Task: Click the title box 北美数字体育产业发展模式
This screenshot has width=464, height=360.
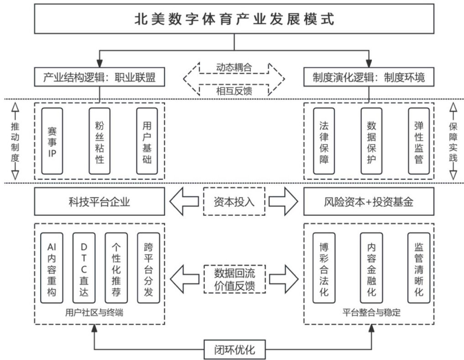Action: (234, 19)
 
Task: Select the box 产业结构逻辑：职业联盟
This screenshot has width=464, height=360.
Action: (100, 77)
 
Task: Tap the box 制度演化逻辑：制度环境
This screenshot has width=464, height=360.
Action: (369, 77)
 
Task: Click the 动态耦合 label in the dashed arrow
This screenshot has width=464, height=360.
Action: (234, 67)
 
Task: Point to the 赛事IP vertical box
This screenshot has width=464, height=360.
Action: (52, 141)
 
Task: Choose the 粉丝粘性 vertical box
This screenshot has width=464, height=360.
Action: (99, 141)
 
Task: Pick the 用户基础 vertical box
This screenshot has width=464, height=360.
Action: (147, 141)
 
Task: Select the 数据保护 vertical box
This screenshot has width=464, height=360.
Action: (371, 141)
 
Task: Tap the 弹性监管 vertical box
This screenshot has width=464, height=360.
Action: (418, 141)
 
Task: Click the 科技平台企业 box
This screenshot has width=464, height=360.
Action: (99, 202)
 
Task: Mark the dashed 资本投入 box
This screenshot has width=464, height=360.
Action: (234, 201)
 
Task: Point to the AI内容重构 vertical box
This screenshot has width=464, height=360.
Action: (52, 267)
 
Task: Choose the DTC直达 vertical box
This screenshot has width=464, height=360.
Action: (84, 267)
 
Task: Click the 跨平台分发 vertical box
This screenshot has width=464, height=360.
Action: (148, 267)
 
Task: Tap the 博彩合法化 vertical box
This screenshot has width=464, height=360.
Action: (323, 267)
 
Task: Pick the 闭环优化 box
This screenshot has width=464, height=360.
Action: (234, 350)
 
